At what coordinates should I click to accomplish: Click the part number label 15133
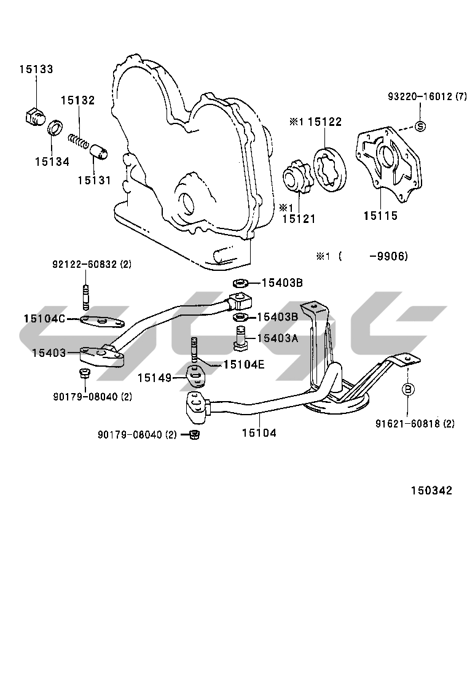(36, 69)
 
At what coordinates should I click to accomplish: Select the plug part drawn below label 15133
(33, 116)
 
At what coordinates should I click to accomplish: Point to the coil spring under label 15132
(79, 141)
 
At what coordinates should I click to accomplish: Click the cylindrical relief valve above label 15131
(100, 153)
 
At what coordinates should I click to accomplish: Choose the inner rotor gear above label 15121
(297, 178)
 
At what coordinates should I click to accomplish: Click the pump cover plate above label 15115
(388, 164)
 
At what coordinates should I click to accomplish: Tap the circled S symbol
(420, 127)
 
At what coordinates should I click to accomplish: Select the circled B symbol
(408, 389)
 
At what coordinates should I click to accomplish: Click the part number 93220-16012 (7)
(427, 96)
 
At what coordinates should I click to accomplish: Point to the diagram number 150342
(432, 491)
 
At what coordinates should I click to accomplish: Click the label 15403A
(278, 338)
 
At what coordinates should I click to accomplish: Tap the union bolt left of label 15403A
(241, 338)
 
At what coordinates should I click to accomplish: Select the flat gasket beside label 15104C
(103, 322)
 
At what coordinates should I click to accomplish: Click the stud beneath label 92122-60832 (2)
(85, 295)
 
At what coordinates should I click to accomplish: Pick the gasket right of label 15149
(197, 376)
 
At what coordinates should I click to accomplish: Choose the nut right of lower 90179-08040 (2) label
(195, 434)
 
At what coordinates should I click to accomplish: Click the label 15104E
(244, 364)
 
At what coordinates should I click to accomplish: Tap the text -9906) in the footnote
(388, 256)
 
